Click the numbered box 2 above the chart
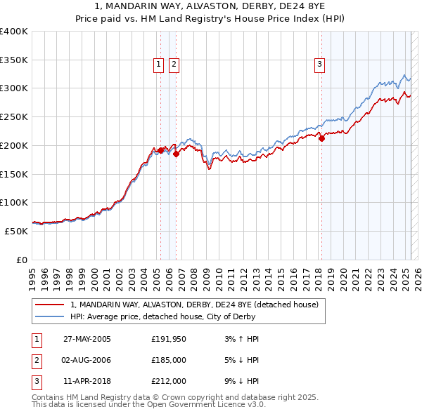[x=173, y=65]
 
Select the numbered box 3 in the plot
[x=319, y=65]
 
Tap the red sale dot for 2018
[x=321, y=138]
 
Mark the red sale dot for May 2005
[x=160, y=150]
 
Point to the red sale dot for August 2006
[x=176, y=154]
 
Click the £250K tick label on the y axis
[x=14, y=116]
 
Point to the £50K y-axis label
[x=16, y=230]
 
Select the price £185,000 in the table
[x=169, y=360]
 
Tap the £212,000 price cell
[x=169, y=381]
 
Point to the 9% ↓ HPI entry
[x=240, y=381]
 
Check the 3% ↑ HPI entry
[x=240, y=339]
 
